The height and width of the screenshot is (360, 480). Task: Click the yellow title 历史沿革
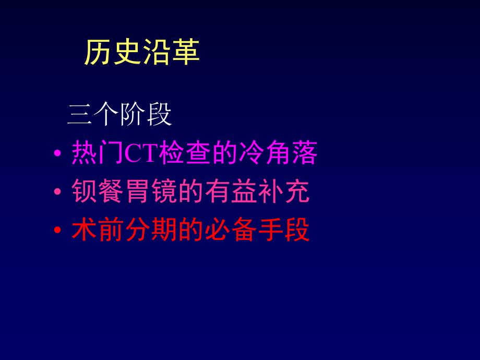141,53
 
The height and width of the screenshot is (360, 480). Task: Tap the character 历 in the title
98,53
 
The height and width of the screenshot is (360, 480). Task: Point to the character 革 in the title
185,53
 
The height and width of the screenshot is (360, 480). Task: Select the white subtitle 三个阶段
119,115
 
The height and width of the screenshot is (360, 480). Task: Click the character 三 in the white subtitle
80,115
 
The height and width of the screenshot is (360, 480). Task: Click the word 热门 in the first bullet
96,154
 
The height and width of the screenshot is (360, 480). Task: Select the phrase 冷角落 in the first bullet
279,154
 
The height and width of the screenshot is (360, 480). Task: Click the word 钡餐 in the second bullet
96,193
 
